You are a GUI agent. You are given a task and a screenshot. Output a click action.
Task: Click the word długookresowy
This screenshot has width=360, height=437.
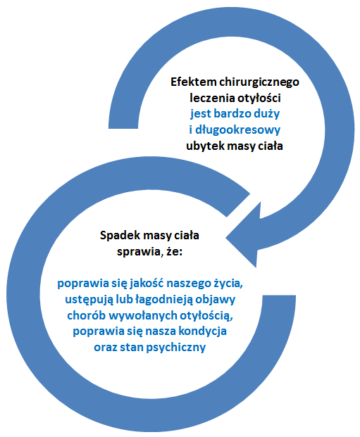237,130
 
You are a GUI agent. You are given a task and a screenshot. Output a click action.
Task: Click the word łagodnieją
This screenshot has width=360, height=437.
164,300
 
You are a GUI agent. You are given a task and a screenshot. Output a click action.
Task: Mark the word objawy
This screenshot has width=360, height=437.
215,300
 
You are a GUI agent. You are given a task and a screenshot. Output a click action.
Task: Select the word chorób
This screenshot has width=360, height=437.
86,315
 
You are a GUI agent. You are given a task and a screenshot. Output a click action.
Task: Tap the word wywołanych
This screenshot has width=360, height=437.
142,316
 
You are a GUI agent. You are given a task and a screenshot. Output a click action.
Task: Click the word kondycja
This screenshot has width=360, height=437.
202,331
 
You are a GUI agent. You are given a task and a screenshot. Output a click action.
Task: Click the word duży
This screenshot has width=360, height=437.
267,114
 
